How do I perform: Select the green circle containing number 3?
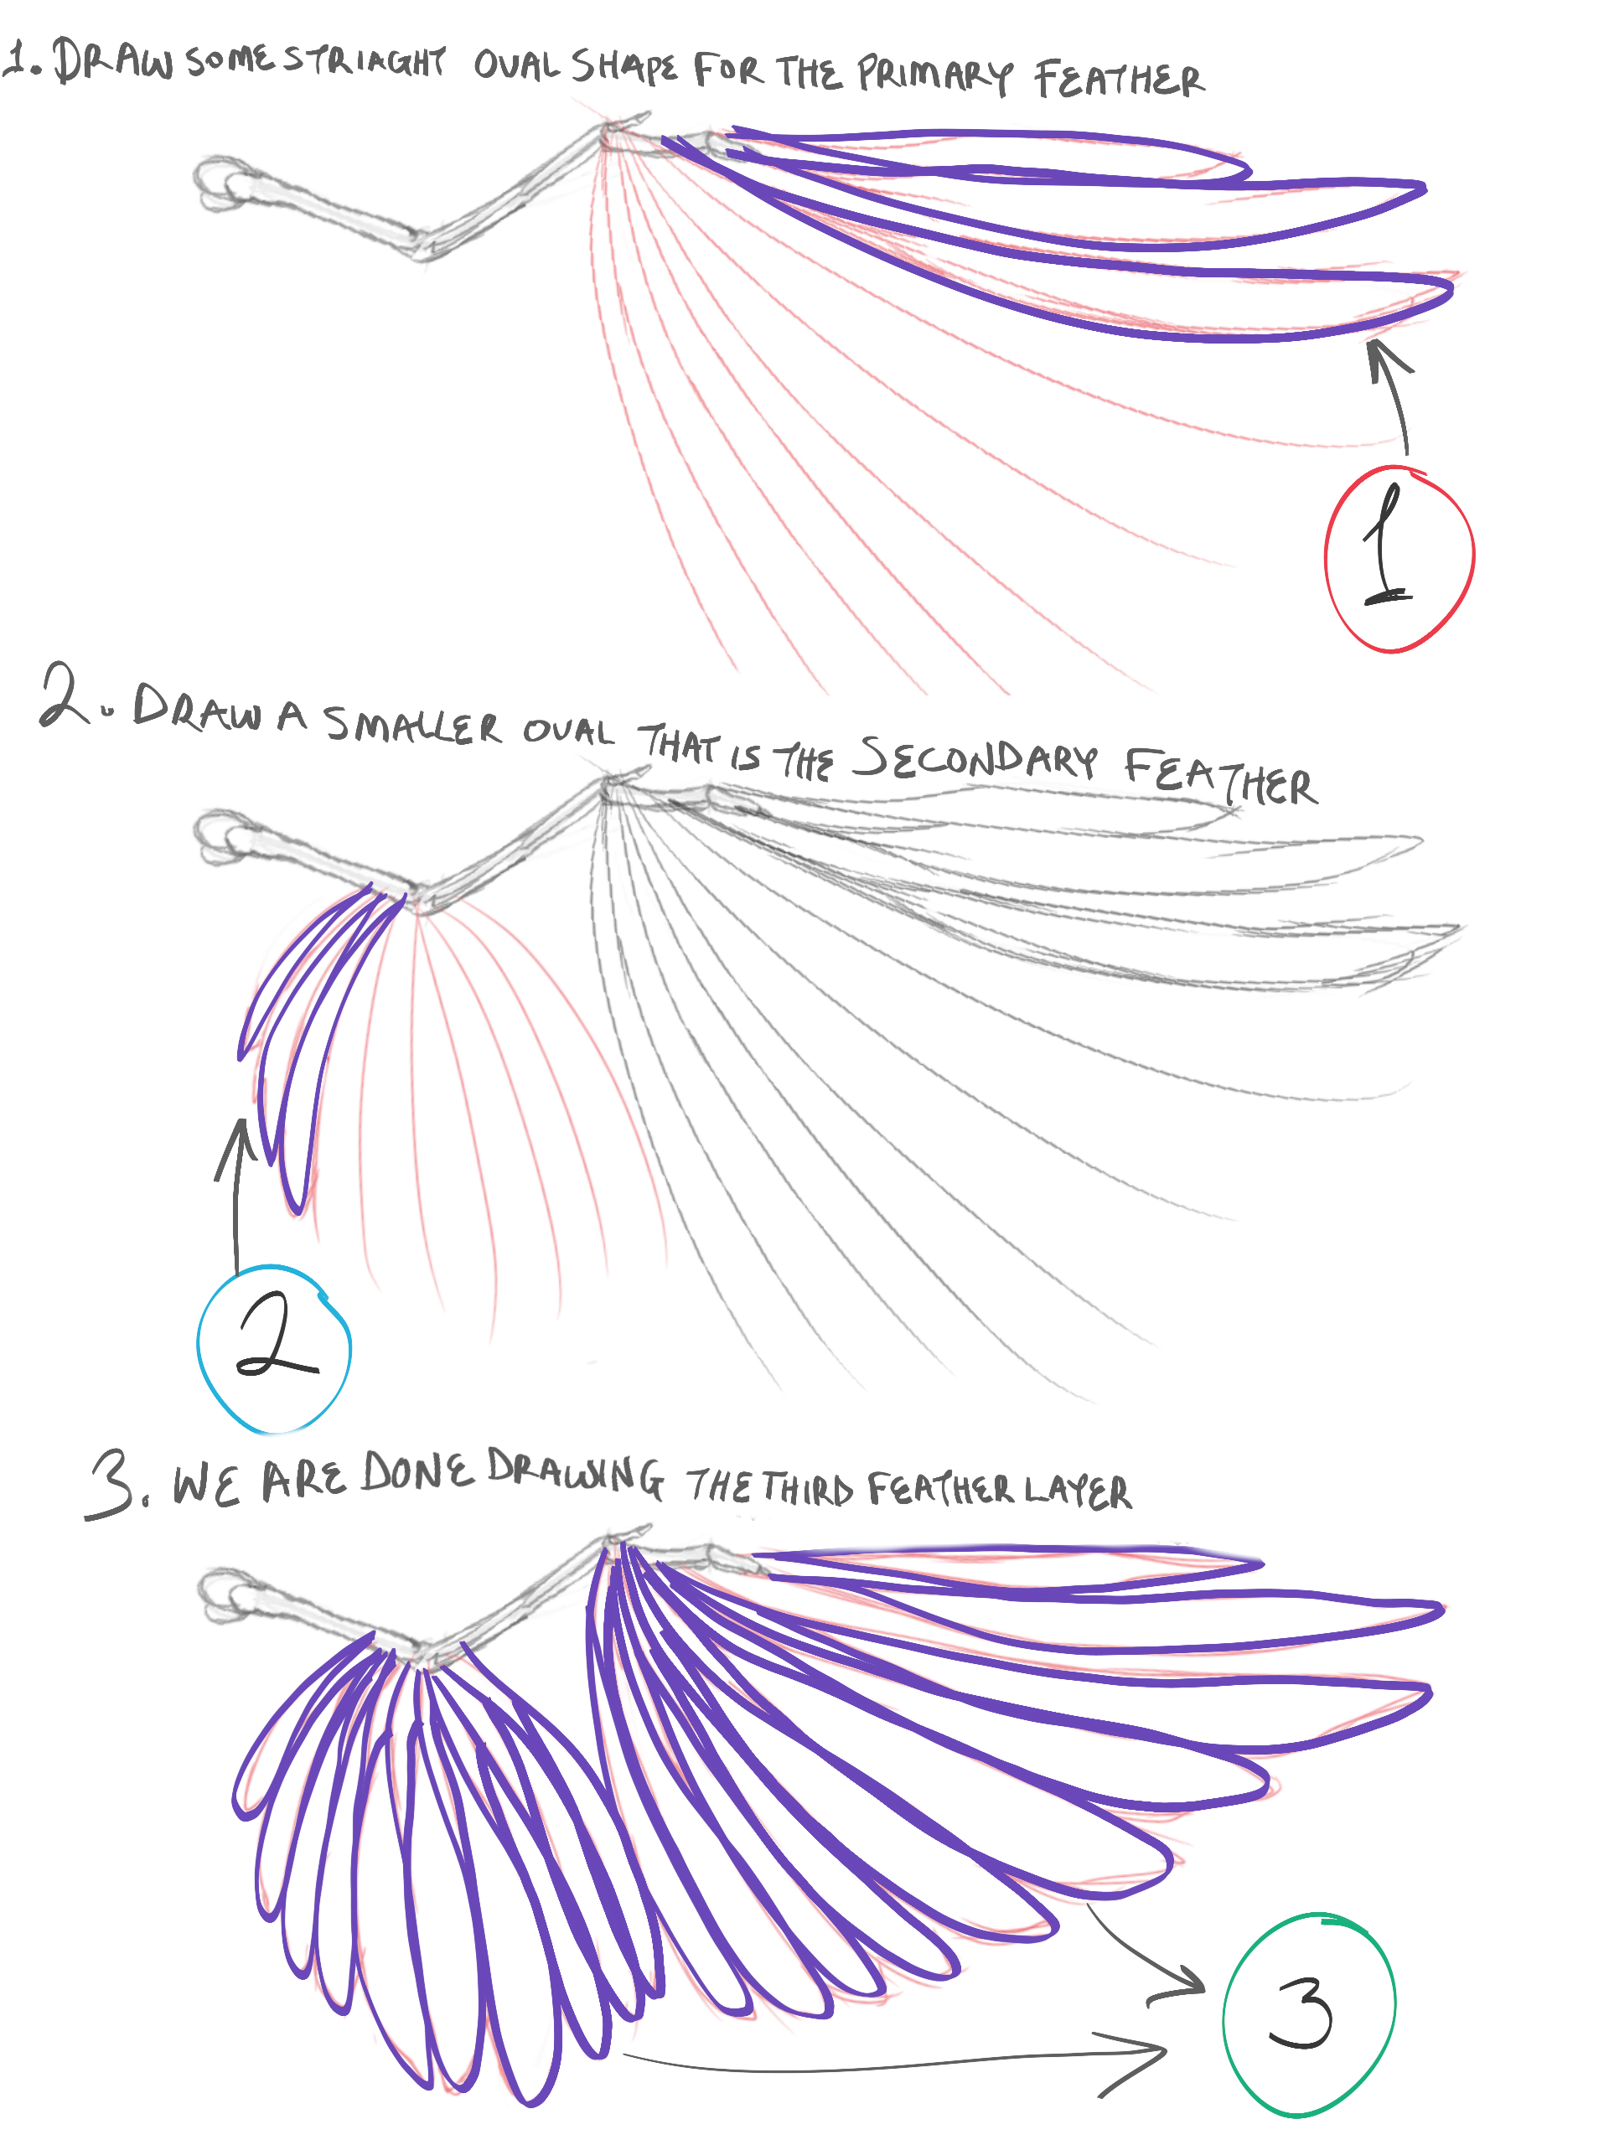[1225, 2017]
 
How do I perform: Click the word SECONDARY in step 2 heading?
[974, 757]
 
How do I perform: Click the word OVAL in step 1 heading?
[516, 65]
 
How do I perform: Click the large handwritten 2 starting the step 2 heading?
[64, 695]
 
